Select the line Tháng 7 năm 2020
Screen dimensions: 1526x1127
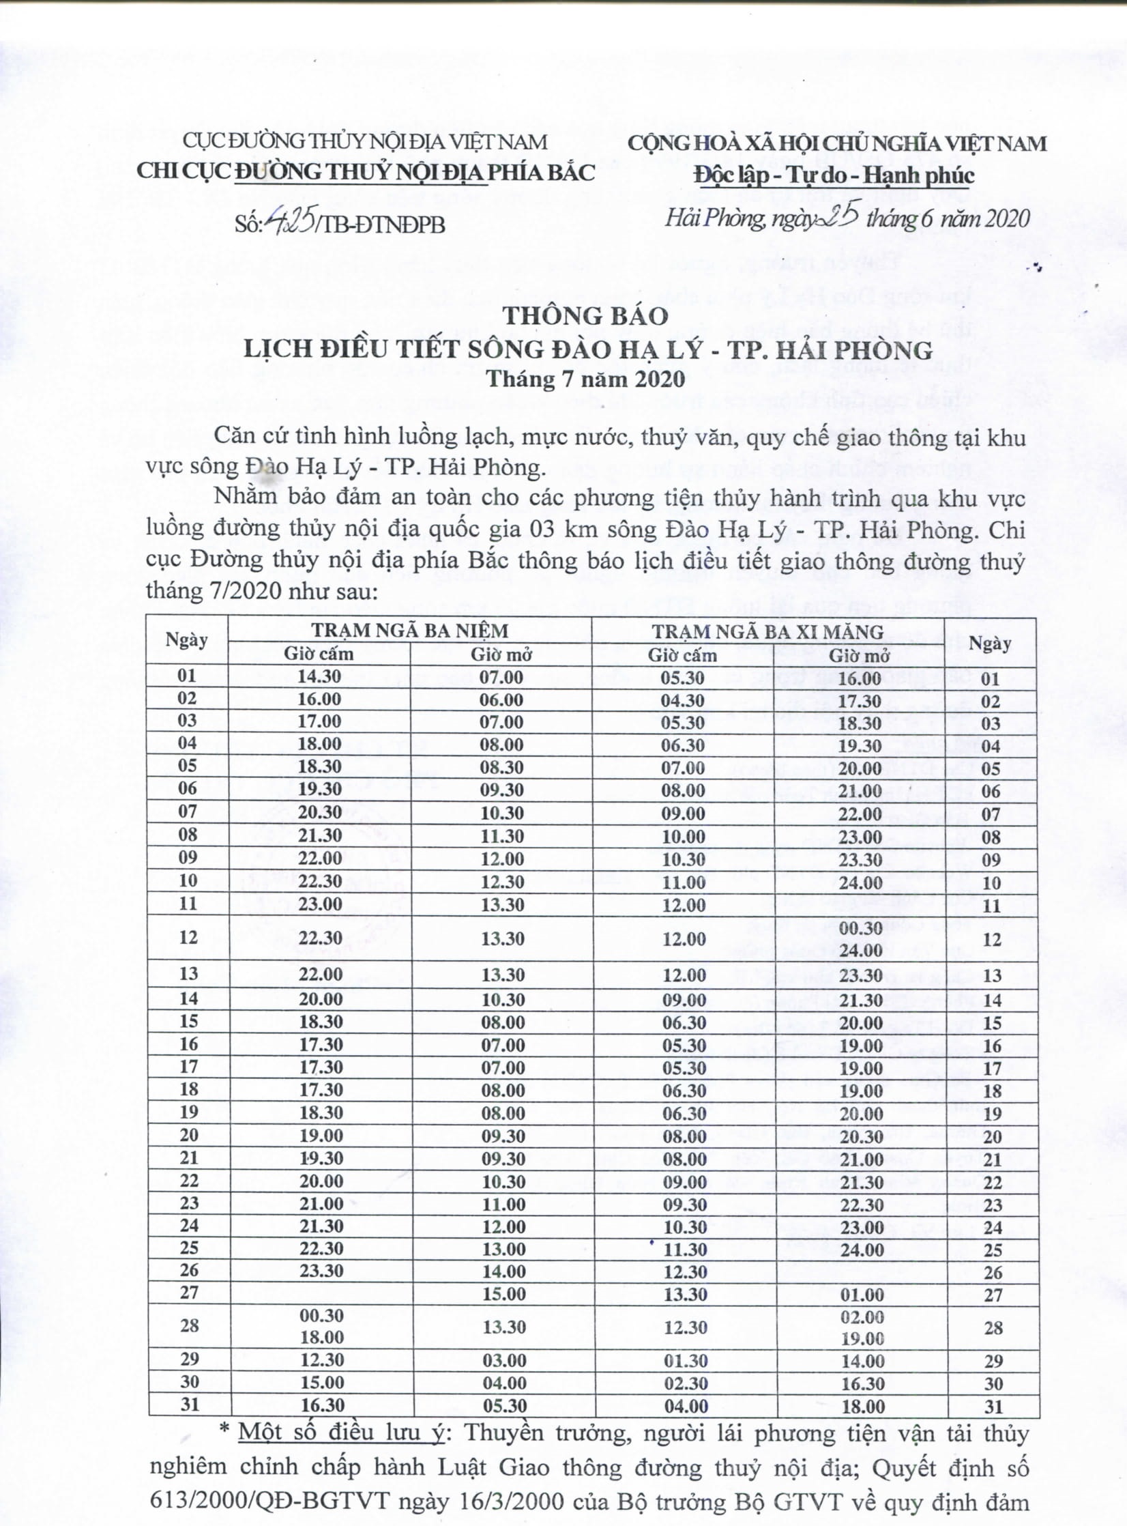click(585, 378)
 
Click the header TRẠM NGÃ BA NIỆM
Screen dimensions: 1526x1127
click(410, 629)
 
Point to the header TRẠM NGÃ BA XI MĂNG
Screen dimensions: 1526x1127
click(767, 631)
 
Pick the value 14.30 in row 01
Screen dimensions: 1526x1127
click(319, 677)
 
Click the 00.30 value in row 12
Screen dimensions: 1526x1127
click(862, 927)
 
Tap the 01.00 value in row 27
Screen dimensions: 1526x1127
click(862, 1295)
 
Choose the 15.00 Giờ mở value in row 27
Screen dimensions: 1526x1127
click(503, 1294)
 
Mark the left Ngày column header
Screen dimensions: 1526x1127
click(186, 640)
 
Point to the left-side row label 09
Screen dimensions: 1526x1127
click(188, 857)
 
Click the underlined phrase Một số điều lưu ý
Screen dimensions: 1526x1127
click(341, 1433)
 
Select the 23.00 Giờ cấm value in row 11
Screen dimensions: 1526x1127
click(320, 904)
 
